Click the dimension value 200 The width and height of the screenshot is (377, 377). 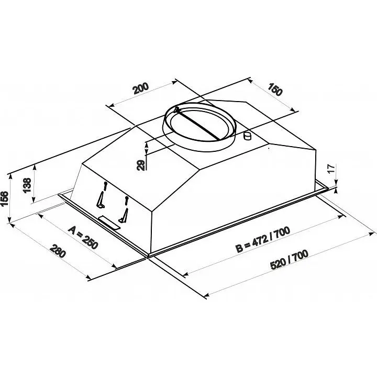click(141, 88)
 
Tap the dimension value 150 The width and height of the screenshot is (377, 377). click(274, 89)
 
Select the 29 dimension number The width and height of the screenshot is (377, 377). click(141, 165)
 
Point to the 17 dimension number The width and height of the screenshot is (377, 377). click(331, 169)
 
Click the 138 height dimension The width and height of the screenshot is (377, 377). click(27, 185)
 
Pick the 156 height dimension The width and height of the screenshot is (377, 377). click(4, 199)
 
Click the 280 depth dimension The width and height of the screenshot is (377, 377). click(58, 251)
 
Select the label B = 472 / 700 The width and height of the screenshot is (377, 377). click(263, 240)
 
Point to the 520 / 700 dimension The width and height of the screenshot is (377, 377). click(289, 260)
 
